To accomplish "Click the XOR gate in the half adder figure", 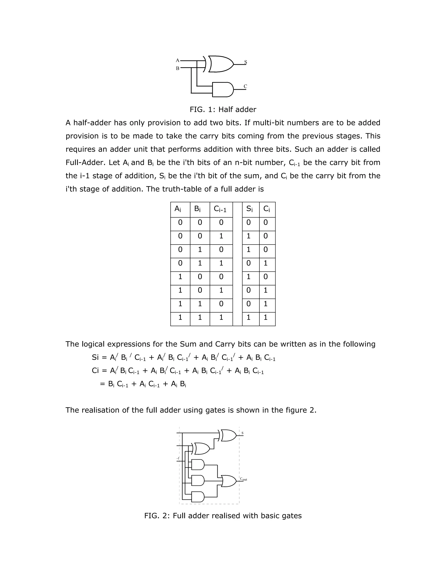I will (x=220, y=64).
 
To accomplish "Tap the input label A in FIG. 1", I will (x=177, y=60).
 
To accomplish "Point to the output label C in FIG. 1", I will (x=245, y=86).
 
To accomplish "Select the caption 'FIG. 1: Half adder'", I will (x=223, y=110).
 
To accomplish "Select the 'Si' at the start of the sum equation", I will (x=95, y=357).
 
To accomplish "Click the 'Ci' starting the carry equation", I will (x=95, y=371).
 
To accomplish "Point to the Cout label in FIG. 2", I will (x=243, y=479).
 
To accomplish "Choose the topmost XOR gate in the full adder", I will (x=228, y=435).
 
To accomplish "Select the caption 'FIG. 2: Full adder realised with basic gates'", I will (x=223, y=516).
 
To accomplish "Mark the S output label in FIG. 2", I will (x=242, y=433).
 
